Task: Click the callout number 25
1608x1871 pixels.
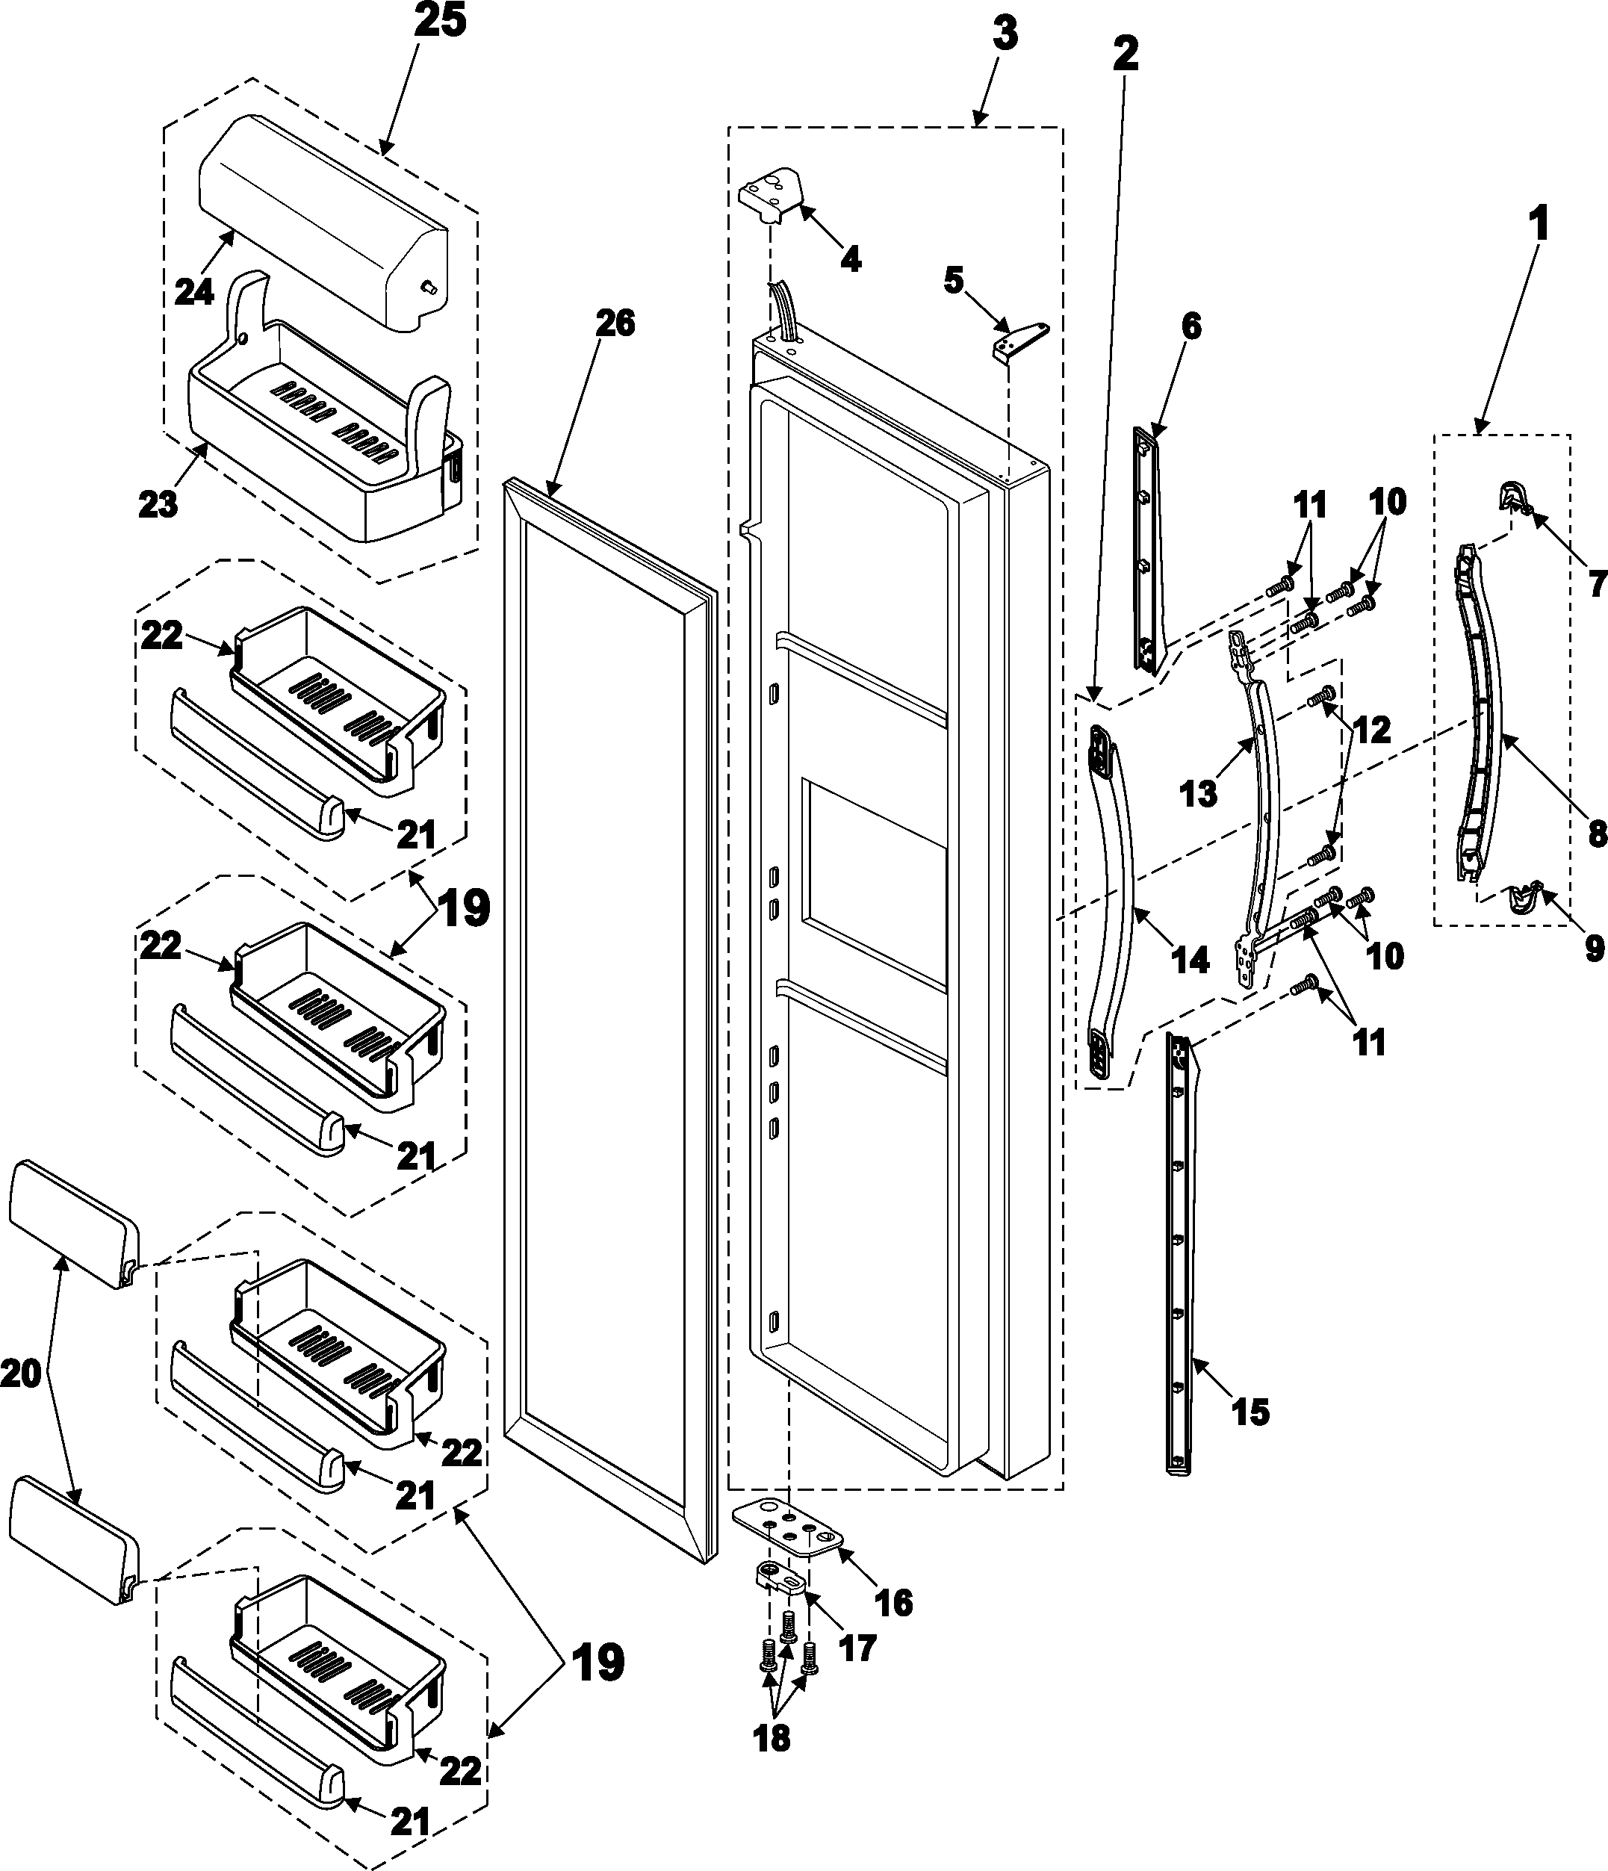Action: tap(441, 22)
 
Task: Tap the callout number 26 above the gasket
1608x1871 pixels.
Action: tap(615, 323)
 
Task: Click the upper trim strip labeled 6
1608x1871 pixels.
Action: tap(1147, 550)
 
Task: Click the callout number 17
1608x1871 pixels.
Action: tap(856, 1647)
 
